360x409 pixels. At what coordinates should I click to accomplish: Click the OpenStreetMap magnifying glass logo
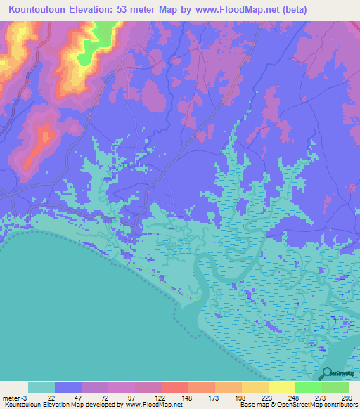click(x=326, y=374)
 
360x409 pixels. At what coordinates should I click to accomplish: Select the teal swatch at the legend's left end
click(x=41, y=387)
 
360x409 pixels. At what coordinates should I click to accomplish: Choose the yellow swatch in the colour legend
click(x=281, y=387)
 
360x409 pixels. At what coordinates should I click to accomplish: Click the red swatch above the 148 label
click(x=174, y=387)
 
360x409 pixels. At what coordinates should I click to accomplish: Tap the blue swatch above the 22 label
click(x=68, y=387)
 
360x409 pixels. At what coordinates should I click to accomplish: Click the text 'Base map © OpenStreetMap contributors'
click(x=297, y=405)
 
